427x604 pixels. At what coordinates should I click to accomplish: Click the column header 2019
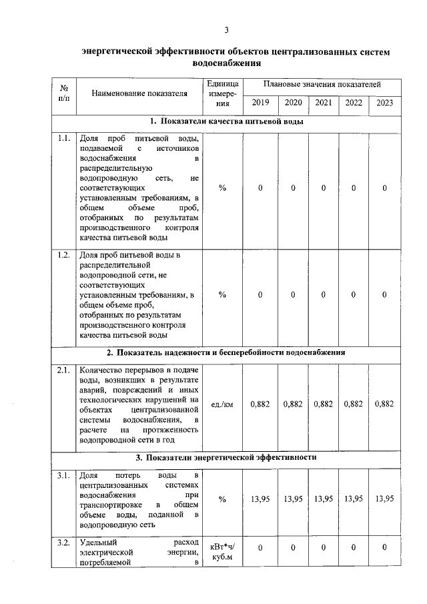260,103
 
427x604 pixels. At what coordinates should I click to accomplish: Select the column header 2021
323,103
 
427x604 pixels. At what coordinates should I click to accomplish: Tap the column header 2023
385,103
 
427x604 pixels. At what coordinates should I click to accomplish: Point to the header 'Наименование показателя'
139,94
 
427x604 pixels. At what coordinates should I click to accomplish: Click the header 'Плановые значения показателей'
322,85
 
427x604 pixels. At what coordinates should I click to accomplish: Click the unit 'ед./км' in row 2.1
222,404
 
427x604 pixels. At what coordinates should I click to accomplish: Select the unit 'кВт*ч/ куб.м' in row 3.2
222,552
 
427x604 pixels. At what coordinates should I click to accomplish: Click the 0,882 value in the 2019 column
260,404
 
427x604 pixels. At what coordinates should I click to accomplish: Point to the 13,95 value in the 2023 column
385,499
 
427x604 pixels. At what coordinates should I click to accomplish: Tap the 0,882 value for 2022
354,404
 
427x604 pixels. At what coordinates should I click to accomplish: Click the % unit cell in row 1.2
222,294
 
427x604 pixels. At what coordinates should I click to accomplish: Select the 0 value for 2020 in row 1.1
293,189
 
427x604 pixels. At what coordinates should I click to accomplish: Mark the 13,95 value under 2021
323,499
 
